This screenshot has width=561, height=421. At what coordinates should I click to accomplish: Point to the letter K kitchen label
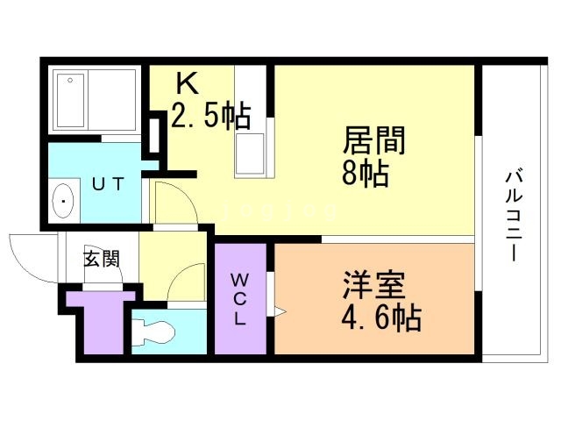pyautogui.click(x=188, y=85)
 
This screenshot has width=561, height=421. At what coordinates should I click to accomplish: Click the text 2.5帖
pyautogui.click(x=209, y=116)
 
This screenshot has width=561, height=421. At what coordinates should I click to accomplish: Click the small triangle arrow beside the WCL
pyautogui.click(x=280, y=310)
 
